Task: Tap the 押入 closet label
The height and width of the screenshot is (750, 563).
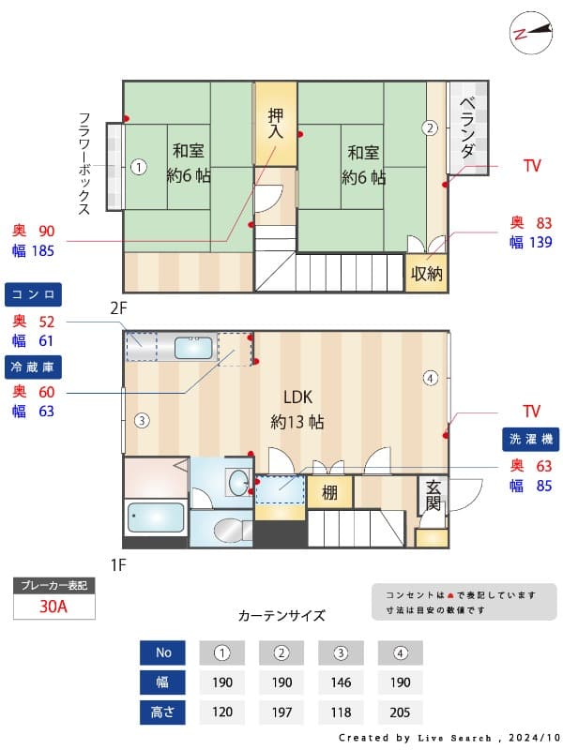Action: [x=275, y=124]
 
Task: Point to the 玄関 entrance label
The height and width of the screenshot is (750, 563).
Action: [x=433, y=495]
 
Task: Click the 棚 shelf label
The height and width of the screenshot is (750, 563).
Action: [x=329, y=492]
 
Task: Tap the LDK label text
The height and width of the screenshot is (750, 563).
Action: [x=297, y=397]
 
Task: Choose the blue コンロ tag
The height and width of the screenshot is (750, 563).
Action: [x=34, y=294]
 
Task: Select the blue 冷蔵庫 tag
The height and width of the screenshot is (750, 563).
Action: [x=34, y=365]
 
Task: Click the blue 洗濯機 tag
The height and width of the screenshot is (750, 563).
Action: [x=531, y=439]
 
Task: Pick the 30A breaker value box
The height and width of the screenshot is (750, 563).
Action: [x=53, y=606]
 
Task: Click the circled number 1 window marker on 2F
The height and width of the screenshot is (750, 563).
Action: [x=138, y=168]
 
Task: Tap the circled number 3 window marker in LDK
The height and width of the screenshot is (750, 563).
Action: [x=140, y=420]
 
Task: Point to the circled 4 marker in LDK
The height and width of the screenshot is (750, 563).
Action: [x=430, y=379]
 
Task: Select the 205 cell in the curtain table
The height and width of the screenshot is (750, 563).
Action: [x=400, y=712]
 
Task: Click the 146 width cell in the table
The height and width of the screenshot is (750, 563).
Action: [x=341, y=682]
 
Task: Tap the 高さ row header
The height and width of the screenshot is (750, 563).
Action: [x=162, y=712]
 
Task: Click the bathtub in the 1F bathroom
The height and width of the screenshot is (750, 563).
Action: [x=156, y=517]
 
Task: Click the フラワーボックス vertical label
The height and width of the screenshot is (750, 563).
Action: [x=84, y=164]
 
